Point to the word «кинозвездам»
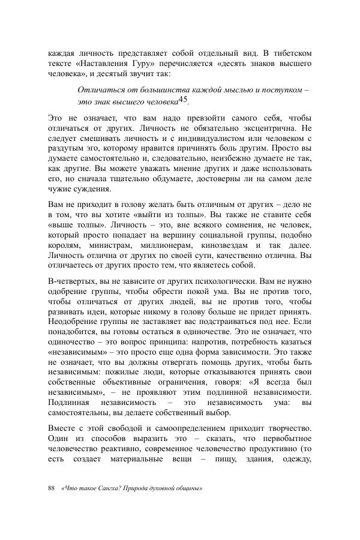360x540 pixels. (x=237, y=247)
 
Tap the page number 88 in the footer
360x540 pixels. (x=52, y=488)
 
